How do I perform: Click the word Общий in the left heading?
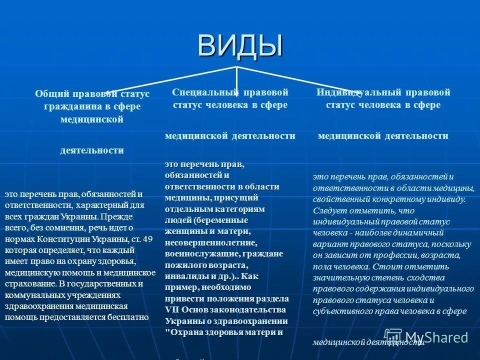tap(52, 94)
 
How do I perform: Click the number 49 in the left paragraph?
tap(147, 239)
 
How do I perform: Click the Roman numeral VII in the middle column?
tap(172, 310)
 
